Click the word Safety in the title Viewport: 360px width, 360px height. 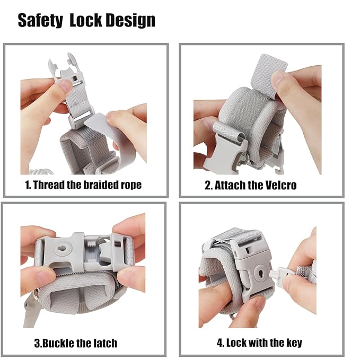point(40,21)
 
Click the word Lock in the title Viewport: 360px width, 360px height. point(85,20)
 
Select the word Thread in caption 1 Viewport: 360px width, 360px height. point(49,185)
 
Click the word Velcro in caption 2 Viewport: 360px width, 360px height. point(280,185)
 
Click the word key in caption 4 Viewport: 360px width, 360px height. point(294,343)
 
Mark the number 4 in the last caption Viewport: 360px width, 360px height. point(220,343)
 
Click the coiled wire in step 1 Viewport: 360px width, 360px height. point(42,171)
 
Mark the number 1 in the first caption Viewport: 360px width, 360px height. point(28,185)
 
